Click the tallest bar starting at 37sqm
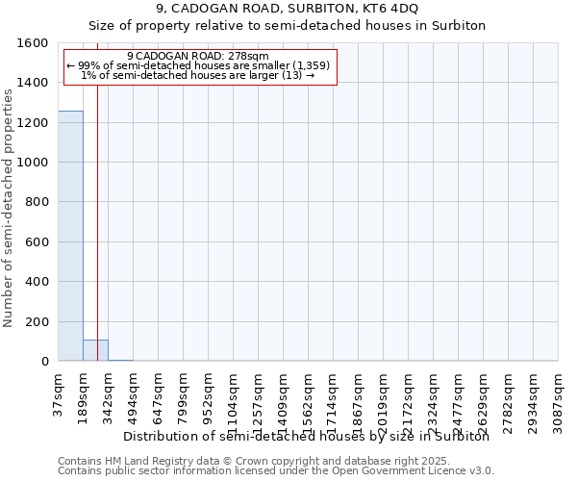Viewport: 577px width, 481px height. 70,236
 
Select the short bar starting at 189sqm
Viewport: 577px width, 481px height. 95,350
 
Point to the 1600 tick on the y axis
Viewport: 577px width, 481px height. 34,43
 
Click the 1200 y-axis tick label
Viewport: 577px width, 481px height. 34,123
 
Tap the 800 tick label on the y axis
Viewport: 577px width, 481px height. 38,203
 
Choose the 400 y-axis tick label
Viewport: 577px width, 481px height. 38,282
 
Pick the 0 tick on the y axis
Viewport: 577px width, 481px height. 45,362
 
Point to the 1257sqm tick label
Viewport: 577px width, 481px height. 258,394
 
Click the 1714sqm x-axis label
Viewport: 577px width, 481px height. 333,394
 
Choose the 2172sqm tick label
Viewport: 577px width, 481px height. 408,394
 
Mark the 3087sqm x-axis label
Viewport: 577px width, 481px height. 558,394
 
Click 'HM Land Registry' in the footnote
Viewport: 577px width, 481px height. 140,461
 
